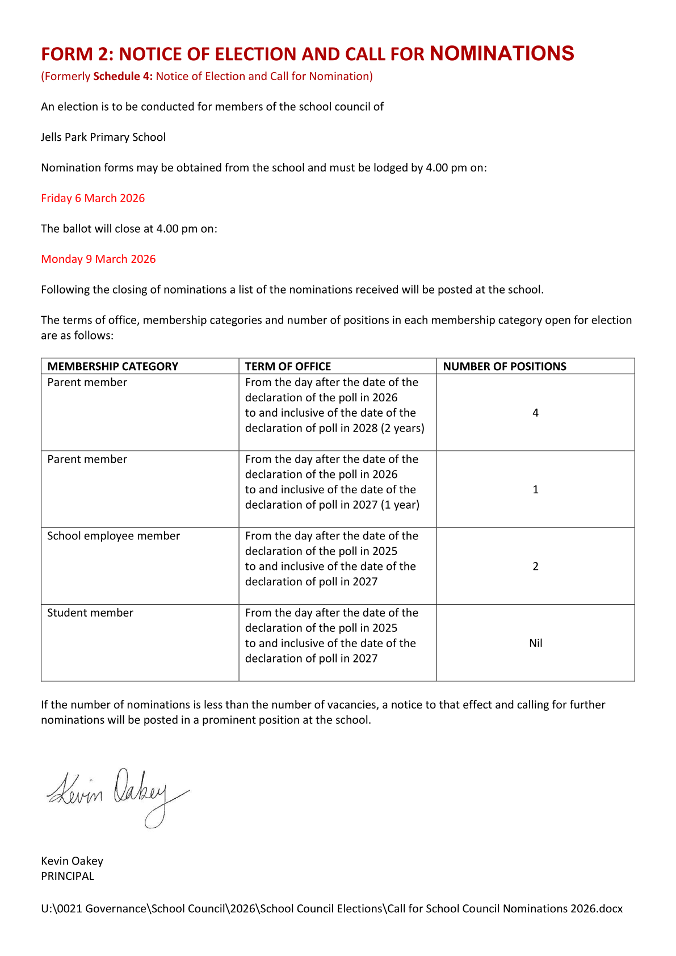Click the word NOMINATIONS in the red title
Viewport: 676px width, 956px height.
502,53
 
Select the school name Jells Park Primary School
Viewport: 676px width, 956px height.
103,137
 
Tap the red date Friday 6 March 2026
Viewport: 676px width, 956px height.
93,198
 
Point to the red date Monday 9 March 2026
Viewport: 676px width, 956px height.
98,259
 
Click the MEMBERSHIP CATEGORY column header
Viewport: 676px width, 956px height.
112,367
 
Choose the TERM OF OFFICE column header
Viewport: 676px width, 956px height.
288,367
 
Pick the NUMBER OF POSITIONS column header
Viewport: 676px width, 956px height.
505,367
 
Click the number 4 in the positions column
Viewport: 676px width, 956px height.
535,413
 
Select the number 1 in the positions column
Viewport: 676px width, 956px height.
535,490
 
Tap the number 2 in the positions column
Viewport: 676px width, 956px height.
535,567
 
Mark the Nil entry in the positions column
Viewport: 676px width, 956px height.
535,643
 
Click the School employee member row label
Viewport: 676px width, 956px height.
114,536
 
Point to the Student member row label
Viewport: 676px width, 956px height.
90,613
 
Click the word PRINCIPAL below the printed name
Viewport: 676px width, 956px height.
68,877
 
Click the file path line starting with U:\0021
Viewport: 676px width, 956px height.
331,909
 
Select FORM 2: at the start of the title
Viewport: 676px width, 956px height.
77,54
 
